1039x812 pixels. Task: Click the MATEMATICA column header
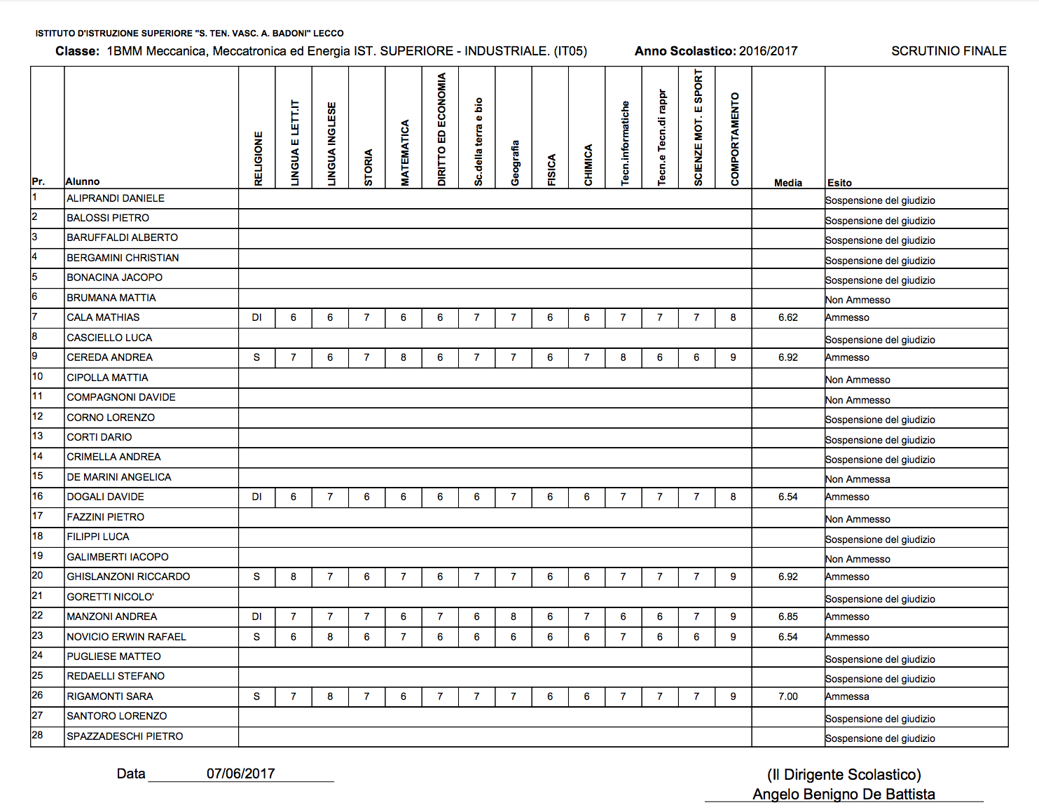coord(404,153)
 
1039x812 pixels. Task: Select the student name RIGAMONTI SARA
coord(110,696)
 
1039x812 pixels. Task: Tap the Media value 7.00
coord(788,696)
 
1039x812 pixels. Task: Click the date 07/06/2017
coord(240,773)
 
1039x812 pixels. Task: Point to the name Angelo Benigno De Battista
coord(844,794)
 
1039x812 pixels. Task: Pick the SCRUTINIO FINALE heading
coord(949,51)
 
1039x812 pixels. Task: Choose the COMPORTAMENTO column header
coord(734,139)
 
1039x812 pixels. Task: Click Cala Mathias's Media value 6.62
coord(788,317)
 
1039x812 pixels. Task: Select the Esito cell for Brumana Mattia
coord(858,300)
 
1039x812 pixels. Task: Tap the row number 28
coord(37,735)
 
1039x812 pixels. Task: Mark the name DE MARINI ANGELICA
coord(119,477)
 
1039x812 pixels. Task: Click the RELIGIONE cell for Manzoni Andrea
coord(257,617)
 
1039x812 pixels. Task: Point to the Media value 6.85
coord(788,617)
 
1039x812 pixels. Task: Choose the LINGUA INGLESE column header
coord(331,144)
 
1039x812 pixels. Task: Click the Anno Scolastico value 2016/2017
coord(768,51)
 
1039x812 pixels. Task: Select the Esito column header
coord(839,183)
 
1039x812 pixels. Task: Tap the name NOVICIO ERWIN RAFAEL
coord(126,637)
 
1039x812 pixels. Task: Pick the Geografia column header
coord(515,163)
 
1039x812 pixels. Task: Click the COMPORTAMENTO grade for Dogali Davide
coord(733,497)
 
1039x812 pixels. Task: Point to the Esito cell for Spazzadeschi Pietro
coord(880,738)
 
